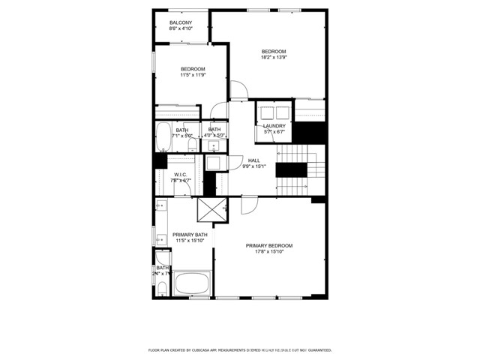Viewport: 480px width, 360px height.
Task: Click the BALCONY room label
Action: click(181, 23)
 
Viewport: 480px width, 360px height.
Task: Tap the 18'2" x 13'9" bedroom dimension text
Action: click(274, 57)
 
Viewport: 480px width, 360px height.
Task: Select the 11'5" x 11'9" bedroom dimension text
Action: click(193, 75)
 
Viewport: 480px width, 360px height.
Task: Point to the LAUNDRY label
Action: click(274, 126)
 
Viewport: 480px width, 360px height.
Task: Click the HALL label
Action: click(254, 160)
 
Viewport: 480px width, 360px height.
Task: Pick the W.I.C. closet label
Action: click(180, 175)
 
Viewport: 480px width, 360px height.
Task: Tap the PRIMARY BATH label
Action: click(190, 235)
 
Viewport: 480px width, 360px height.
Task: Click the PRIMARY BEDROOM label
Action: click(269, 246)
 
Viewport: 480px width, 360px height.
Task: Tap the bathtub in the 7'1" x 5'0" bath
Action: click(163, 137)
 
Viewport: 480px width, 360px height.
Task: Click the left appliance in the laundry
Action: click(265, 112)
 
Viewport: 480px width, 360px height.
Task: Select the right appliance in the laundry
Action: click(282, 112)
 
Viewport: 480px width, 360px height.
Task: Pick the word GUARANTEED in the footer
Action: click(316, 350)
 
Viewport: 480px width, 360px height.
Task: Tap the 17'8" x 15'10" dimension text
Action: click(269, 252)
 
